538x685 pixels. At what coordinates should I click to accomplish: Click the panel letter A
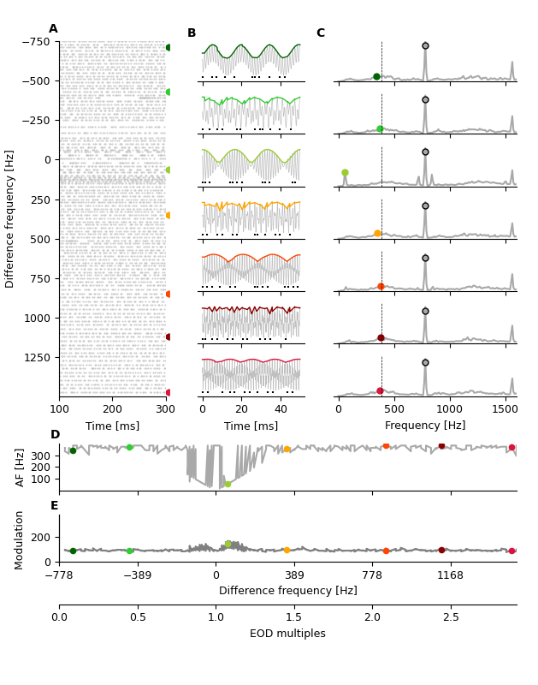[x=53, y=29]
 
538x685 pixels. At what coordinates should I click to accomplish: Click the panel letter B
[x=192, y=33]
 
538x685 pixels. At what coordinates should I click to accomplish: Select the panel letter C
[x=321, y=33]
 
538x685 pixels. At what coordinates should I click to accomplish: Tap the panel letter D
[x=55, y=435]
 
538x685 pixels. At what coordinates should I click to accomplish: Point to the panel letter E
[x=55, y=506]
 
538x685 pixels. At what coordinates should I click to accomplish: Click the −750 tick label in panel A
[x=35, y=42]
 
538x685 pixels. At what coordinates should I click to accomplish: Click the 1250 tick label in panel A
[x=38, y=357]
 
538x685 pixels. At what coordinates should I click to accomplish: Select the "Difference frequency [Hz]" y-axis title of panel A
[x=10, y=218]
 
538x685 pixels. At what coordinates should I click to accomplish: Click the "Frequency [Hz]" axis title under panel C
[x=425, y=426]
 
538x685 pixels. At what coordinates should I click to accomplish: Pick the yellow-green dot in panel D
[x=228, y=484]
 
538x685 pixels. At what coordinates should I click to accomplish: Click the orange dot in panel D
[x=287, y=449]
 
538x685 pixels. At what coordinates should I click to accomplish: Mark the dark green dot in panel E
[x=73, y=551]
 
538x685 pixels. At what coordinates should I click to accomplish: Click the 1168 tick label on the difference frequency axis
[x=450, y=575]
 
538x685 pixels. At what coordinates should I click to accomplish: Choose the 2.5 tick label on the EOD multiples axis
[x=451, y=617]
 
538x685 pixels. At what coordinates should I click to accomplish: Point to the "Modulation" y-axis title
[x=20, y=540]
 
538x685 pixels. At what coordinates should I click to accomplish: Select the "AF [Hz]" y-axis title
[x=20, y=468]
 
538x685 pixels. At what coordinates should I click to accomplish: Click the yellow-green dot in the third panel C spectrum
[x=345, y=173]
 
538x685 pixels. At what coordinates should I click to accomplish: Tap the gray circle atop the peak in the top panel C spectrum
[x=425, y=46]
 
